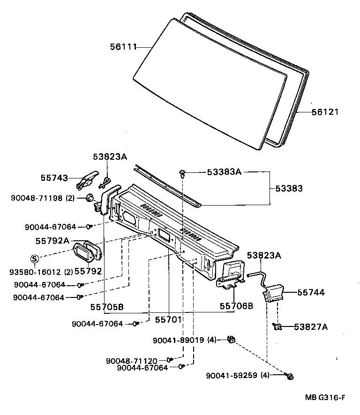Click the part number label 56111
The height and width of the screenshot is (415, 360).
point(123,46)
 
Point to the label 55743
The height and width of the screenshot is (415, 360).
point(54,178)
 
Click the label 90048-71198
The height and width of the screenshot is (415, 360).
point(37,198)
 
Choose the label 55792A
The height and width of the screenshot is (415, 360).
point(52,241)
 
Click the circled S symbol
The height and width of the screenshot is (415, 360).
point(34,259)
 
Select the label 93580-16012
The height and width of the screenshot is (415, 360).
point(36,271)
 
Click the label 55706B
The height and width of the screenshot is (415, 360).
point(236,306)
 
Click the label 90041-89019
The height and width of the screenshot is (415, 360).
point(178,341)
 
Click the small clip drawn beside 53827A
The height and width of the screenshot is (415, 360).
point(277,326)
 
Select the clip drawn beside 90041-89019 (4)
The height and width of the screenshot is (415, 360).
point(230,339)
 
